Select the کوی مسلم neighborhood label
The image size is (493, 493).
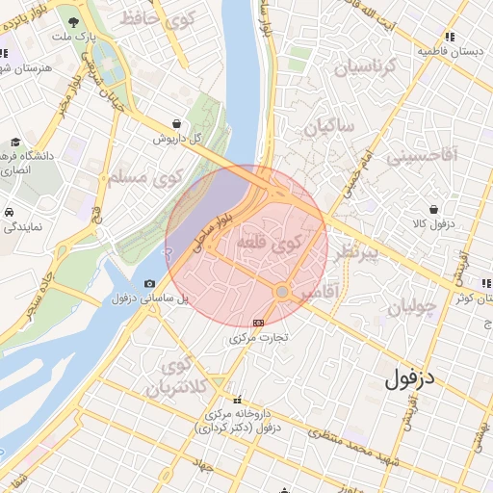click(x=155, y=178)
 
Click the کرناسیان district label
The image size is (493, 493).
click(x=363, y=68)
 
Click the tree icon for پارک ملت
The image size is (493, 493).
click(x=74, y=19)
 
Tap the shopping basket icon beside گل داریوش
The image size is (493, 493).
click(x=177, y=123)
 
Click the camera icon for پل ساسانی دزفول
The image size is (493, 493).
click(x=149, y=283)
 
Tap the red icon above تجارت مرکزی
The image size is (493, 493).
click(x=257, y=324)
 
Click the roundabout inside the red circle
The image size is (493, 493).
click(x=282, y=291)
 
